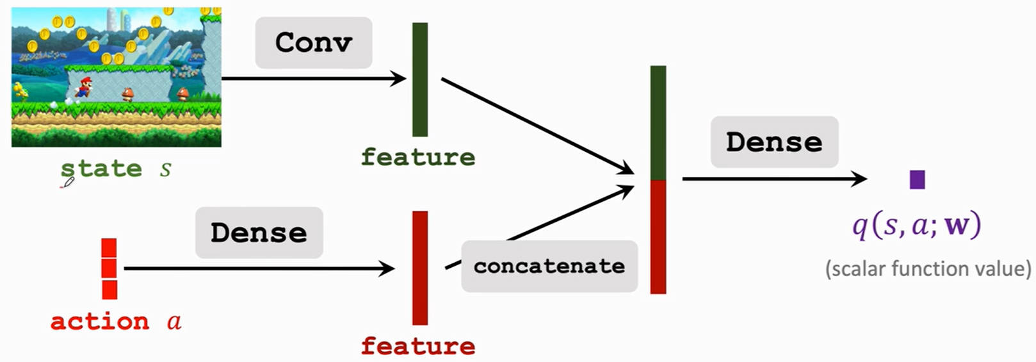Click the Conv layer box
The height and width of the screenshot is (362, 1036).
tap(314, 42)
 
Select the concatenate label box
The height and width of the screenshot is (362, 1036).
tap(549, 266)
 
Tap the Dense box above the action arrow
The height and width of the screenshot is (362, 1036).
tap(259, 233)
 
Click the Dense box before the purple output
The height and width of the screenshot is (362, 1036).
tap(775, 142)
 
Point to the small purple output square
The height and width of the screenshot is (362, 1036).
tap(917, 179)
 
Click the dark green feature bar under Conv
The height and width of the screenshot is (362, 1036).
tap(420, 79)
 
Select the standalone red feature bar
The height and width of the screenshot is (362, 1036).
tap(420, 268)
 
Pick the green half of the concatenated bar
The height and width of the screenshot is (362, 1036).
tap(658, 123)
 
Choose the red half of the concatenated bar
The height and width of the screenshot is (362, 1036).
tap(658, 237)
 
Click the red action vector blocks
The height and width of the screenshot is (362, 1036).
tap(109, 269)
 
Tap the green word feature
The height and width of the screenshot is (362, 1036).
tap(418, 157)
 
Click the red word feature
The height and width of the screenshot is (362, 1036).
tap(418, 346)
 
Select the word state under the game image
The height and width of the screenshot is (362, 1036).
tap(101, 169)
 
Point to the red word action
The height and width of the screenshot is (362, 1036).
tap(100, 321)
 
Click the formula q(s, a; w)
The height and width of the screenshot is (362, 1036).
tap(917, 226)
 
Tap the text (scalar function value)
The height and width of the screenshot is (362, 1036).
tap(928, 269)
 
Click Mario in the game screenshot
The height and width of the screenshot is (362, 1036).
tap(84, 88)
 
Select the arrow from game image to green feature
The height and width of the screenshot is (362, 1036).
tap(314, 78)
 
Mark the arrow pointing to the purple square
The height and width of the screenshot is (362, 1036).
tap(775, 179)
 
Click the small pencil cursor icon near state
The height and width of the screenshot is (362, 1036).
tap(67, 183)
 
